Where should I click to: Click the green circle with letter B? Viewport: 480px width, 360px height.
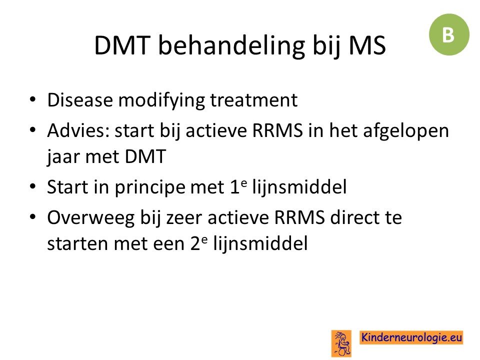coord(449,34)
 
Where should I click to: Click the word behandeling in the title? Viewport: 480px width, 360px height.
coord(231,46)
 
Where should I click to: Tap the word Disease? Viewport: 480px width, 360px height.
coord(80,100)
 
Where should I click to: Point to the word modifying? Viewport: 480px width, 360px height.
coord(161,100)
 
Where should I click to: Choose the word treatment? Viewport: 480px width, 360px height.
coord(254,100)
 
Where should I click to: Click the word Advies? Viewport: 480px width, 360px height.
coord(78,130)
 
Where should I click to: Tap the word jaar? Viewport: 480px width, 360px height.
coord(63,157)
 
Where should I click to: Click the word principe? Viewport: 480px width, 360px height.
coord(150,187)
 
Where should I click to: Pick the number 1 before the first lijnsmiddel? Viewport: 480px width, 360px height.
coord(234,187)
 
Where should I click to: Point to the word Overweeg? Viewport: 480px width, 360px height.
coord(91,218)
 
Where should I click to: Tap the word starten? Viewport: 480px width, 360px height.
coord(77,244)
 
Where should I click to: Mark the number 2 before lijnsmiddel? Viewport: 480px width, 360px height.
coord(195,243)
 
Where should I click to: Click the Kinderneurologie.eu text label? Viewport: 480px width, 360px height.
coord(411,337)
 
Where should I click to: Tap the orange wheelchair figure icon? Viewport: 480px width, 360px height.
coord(341,343)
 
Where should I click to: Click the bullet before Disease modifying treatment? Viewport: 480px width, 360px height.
coord(33,100)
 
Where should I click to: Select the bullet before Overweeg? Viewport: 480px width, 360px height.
coord(33,217)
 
